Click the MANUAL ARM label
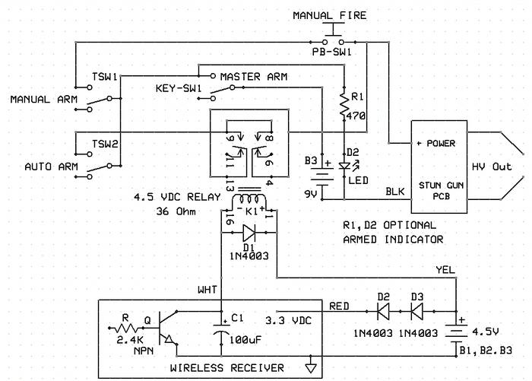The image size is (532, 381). (40, 100)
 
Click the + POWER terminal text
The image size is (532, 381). (435, 143)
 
